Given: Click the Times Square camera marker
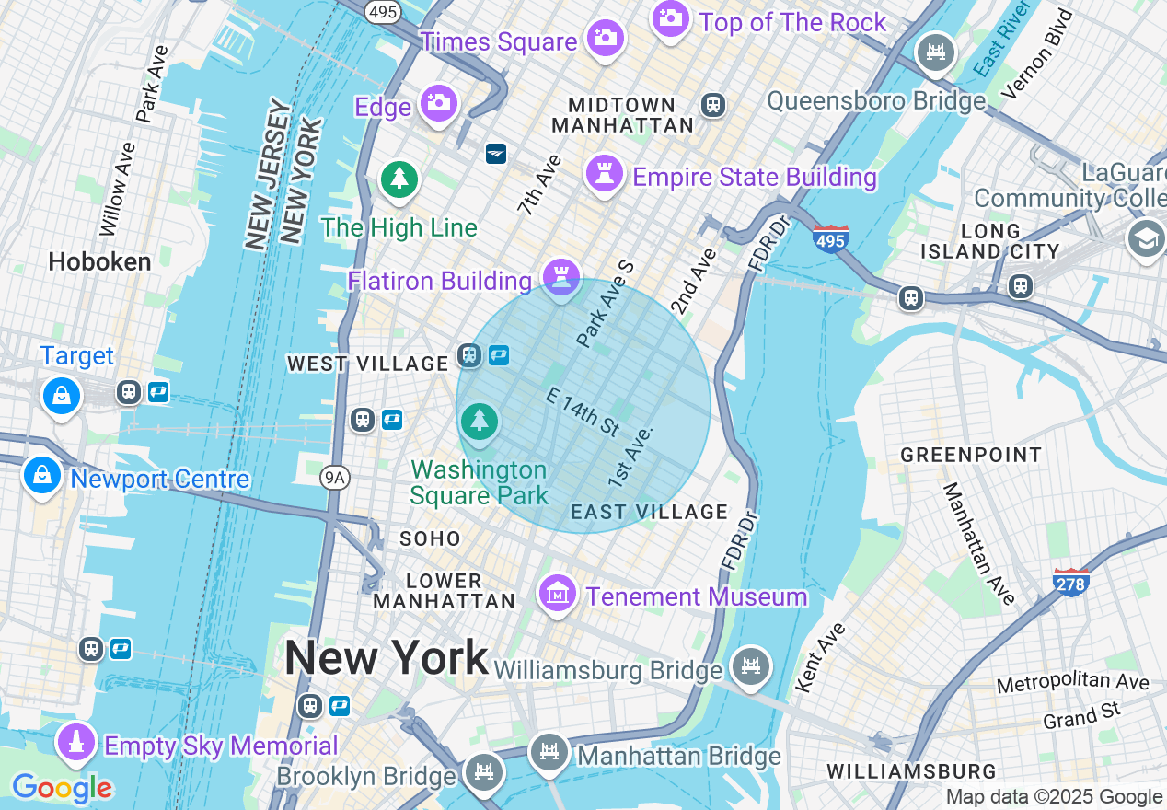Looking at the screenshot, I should tap(605, 38).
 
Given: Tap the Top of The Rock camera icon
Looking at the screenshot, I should tap(671, 18).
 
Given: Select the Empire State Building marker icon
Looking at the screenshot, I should tap(605, 173).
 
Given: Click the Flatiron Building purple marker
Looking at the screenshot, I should tap(560, 275).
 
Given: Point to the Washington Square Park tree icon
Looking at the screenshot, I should tap(479, 422).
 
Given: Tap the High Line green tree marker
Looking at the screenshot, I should tap(399, 179).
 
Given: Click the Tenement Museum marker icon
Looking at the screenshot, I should tap(558, 594).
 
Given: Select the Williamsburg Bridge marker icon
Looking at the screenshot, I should tap(751, 665).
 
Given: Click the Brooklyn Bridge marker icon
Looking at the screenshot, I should tap(483, 771).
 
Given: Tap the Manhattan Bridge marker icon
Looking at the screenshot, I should tap(549, 754).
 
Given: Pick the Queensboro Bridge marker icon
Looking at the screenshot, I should tap(936, 52).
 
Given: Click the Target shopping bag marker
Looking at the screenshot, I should tap(61, 396).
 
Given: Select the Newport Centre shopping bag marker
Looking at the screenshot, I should tap(41, 477).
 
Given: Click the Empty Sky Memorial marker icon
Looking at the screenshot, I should tap(77, 742).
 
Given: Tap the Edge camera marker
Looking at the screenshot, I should tap(439, 103).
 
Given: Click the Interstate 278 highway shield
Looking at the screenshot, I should tap(1071, 581).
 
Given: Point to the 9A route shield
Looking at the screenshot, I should tap(335, 477).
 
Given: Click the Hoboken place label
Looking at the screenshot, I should tap(99, 262).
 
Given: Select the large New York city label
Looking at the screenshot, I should tap(386, 657).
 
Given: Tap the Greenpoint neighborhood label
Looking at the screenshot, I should tap(971, 455).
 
